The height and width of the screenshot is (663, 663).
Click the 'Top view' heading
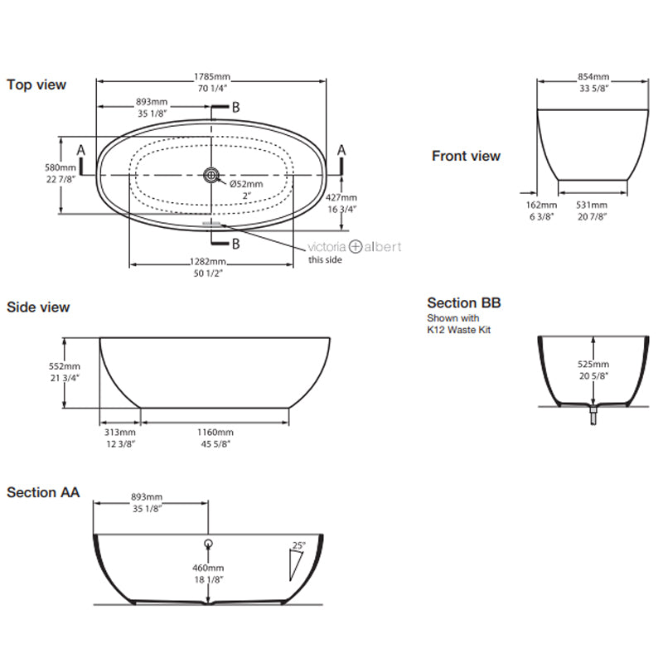pyautogui.click(x=36, y=85)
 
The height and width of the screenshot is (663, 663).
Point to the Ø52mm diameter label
pyautogui.click(x=246, y=183)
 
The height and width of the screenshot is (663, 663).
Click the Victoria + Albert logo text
pyautogui.click(x=355, y=246)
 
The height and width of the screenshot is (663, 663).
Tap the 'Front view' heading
pyautogui.click(x=466, y=156)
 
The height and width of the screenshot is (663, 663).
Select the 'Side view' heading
pyautogui.click(x=38, y=307)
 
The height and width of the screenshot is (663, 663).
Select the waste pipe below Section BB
pyautogui.click(x=593, y=416)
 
